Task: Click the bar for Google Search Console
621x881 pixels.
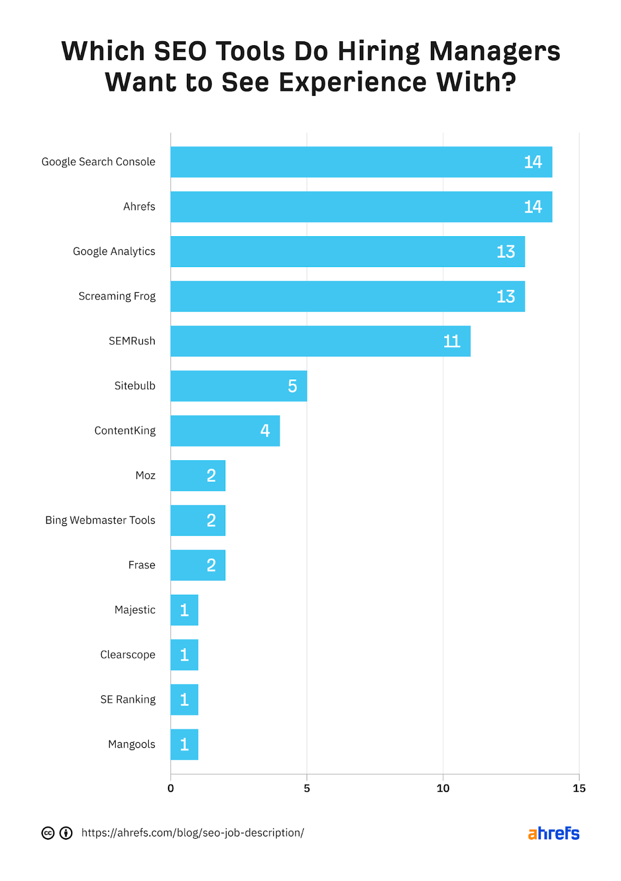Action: (361, 162)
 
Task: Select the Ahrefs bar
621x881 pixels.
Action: (361, 207)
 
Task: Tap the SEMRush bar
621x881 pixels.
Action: (320, 341)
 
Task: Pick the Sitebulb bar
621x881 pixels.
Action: (239, 386)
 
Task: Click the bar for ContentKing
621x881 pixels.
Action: (225, 431)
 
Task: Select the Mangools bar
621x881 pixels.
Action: (184, 744)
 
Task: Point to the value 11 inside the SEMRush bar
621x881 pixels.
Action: (451, 341)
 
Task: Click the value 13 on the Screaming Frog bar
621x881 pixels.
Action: (505, 297)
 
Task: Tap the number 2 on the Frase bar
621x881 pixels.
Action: (211, 565)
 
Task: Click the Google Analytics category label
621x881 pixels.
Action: (114, 252)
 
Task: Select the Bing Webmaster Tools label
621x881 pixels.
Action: (100, 520)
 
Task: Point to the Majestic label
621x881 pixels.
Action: (135, 610)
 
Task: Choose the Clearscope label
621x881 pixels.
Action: (128, 655)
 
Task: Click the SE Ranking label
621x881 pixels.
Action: (128, 700)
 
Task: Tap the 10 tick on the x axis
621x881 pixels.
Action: (443, 788)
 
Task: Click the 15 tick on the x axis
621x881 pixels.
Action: (579, 788)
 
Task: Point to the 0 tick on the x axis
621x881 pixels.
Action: (171, 788)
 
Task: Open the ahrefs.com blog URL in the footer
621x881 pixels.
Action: (192, 833)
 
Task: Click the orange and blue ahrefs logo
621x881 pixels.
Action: (553, 834)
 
